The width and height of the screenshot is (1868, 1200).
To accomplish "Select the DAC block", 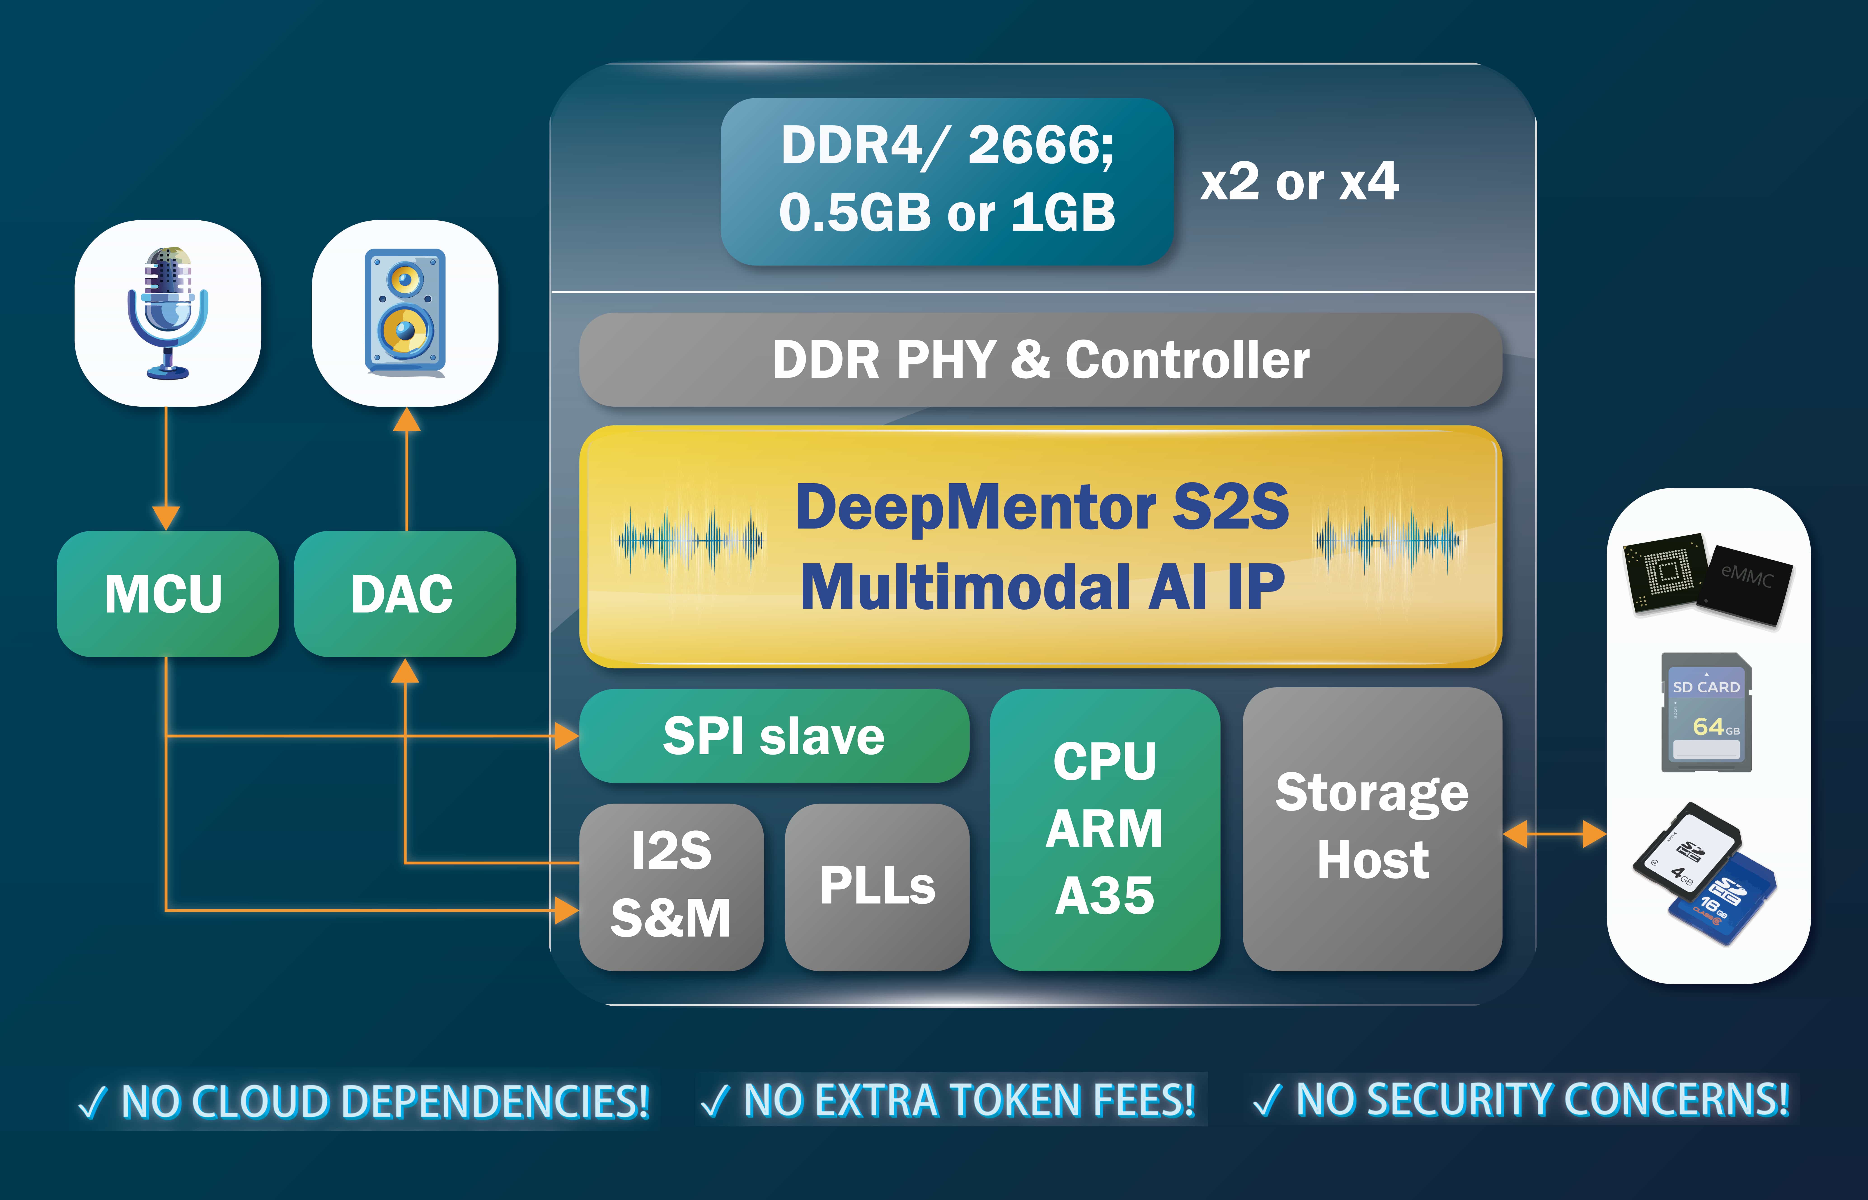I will (404, 594).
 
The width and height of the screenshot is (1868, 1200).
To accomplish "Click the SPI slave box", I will (773, 736).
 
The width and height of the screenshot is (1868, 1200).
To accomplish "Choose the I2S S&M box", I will (671, 886).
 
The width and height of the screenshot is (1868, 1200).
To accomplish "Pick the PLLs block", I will (876, 886).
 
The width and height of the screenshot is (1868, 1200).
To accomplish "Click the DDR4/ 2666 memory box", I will (946, 181).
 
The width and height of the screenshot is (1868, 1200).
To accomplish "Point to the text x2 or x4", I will (1299, 182).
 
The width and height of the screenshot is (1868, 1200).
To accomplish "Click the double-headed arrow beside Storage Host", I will (1554, 834).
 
